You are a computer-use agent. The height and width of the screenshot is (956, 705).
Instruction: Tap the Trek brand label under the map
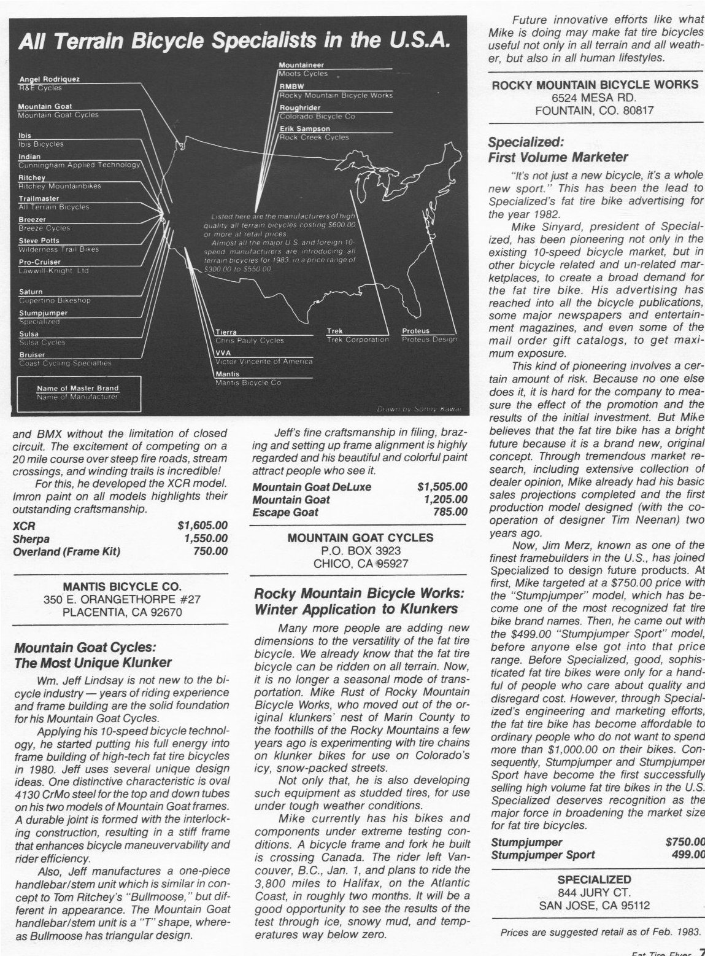[335, 332]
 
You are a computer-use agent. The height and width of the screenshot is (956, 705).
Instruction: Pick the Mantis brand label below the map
[228, 374]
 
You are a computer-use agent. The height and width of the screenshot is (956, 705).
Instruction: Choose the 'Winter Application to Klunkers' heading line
[356, 609]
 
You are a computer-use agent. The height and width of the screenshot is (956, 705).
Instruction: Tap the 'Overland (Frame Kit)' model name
[66, 551]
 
